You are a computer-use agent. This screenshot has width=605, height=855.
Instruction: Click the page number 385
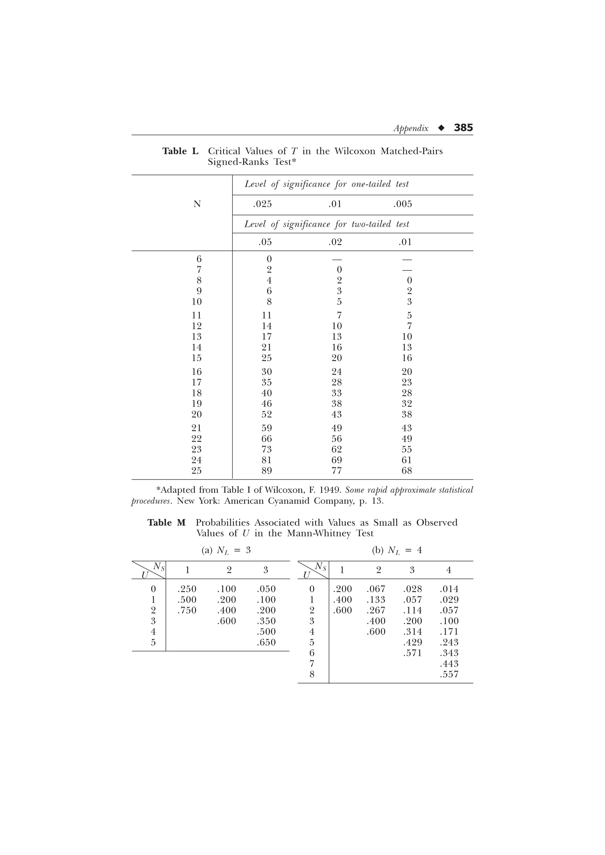click(x=463, y=128)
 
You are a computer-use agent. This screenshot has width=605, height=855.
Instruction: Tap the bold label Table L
click(x=180, y=151)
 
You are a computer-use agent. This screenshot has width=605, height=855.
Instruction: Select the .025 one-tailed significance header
click(x=262, y=204)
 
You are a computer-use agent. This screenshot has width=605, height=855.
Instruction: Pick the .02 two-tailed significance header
click(x=335, y=242)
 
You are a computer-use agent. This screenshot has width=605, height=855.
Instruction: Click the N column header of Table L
click(x=197, y=204)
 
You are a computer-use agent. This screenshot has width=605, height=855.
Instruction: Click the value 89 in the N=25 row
click(x=266, y=471)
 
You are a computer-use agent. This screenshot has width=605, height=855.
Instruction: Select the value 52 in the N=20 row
click(x=266, y=415)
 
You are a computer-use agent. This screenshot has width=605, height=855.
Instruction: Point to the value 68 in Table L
click(x=407, y=471)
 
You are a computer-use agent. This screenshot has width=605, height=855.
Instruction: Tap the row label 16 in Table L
click(x=196, y=372)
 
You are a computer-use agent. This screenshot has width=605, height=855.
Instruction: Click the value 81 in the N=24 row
click(x=266, y=460)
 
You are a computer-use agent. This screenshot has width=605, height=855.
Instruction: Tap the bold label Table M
click(x=166, y=523)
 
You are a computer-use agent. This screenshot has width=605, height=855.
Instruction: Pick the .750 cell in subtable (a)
click(x=187, y=610)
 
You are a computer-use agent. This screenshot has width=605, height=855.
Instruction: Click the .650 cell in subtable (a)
click(x=266, y=642)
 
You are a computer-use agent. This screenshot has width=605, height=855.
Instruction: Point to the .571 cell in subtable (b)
click(x=412, y=653)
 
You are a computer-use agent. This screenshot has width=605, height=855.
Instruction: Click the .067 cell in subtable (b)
click(x=376, y=589)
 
